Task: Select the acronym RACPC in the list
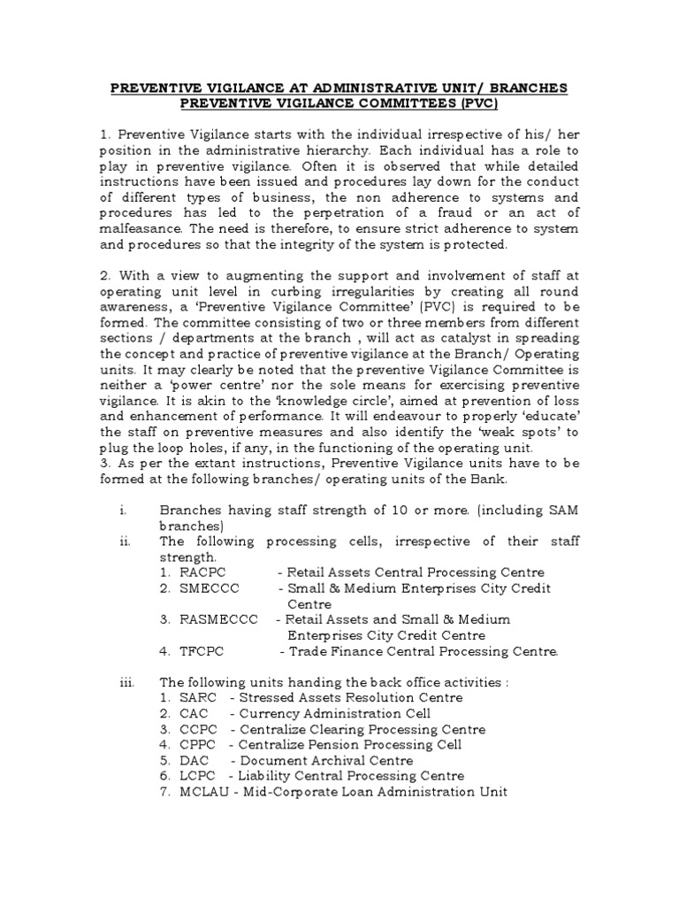tap(197, 572)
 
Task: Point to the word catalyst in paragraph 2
tap(448, 337)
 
